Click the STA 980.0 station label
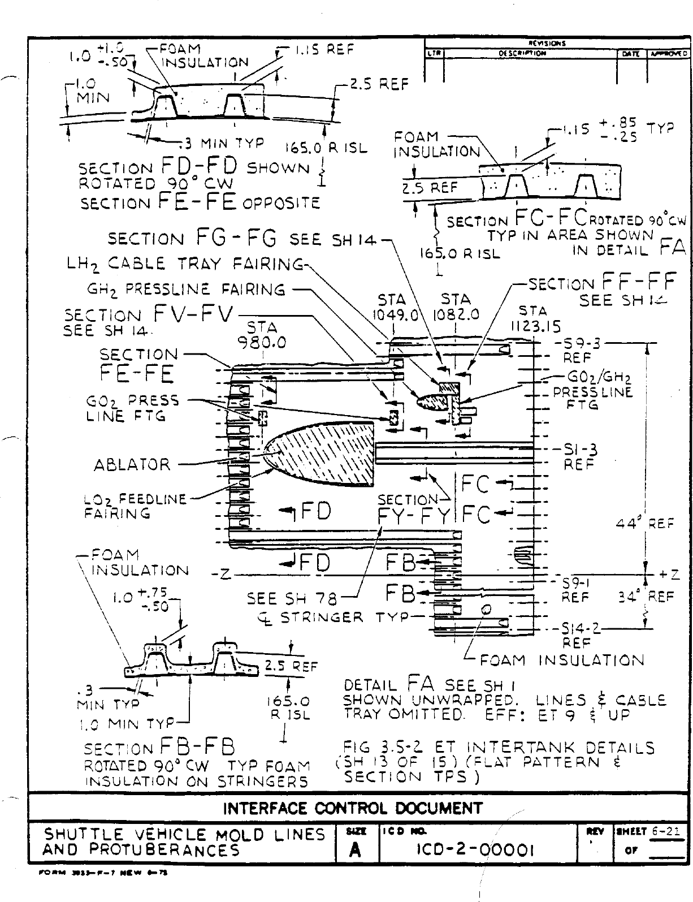click(x=262, y=335)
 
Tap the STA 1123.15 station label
click(x=533, y=318)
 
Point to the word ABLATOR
click(x=132, y=465)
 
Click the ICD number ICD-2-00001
click(x=474, y=849)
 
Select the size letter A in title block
click(x=356, y=850)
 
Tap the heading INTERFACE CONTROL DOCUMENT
click(x=353, y=808)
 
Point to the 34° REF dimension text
click(x=646, y=596)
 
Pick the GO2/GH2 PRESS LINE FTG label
click(x=592, y=391)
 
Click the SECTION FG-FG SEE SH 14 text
click(x=242, y=239)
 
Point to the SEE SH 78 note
click(x=292, y=598)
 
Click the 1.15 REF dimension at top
click(x=323, y=50)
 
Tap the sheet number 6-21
click(x=665, y=832)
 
